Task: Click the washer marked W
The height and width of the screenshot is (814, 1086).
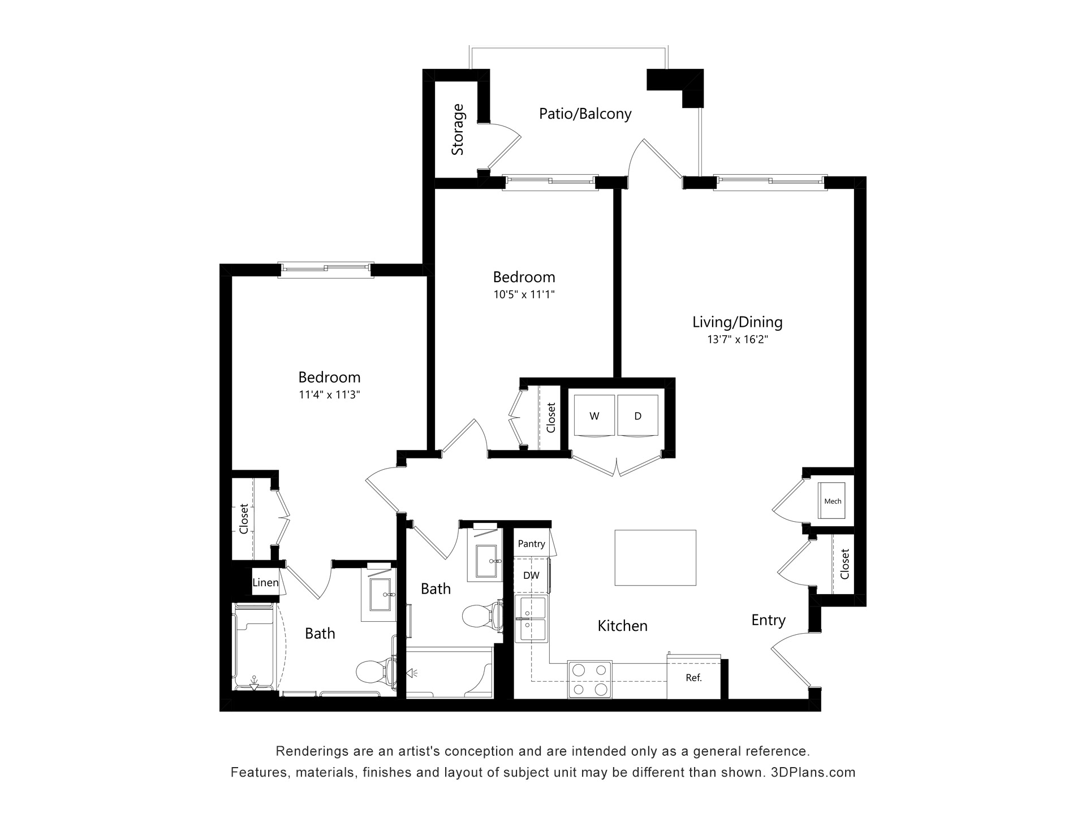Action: click(594, 415)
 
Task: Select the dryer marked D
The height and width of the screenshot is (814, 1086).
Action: click(638, 415)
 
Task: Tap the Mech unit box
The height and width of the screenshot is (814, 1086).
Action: click(832, 501)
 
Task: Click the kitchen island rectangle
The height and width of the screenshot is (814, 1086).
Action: click(655, 558)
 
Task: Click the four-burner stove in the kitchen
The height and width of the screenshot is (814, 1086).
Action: click(589, 679)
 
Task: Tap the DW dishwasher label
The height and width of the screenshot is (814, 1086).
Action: click(531, 575)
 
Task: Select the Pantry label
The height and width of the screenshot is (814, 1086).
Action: click(532, 544)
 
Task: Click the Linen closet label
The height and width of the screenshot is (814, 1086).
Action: click(265, 582)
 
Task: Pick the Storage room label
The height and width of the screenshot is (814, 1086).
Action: click(458, 129)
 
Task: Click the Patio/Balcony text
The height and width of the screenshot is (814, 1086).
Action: click(585, 114)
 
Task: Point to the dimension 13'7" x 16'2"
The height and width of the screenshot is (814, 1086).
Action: click(738, 340)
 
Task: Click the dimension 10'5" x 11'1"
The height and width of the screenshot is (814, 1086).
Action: click(524, 295)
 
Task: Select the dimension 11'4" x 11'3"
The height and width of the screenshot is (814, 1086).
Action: click(330, 395)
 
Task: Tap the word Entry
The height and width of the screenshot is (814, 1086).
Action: click(768, 620)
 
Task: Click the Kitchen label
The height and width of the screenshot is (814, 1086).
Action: click(623, 626)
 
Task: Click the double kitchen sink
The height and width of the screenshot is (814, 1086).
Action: click(531, 619)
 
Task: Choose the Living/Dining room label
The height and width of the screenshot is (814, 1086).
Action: click(738, 322)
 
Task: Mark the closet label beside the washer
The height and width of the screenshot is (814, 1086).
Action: click(551, 417)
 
